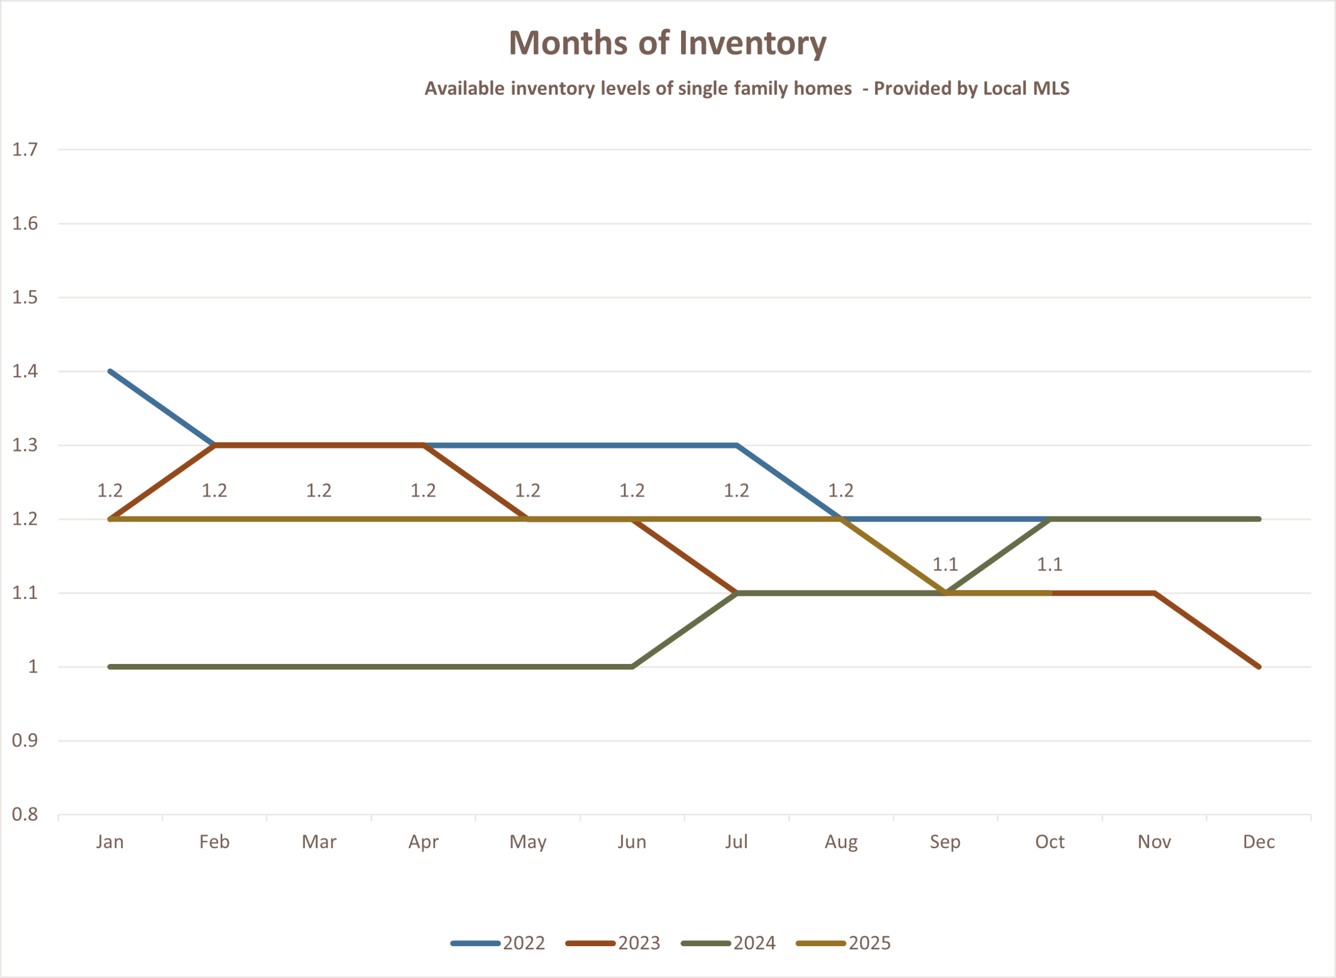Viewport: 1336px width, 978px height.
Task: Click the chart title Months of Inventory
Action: tap(667, 43)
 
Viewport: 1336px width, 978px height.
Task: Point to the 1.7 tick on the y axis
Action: tap(25, 150)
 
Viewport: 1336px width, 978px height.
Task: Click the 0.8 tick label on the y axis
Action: tap(25, 815)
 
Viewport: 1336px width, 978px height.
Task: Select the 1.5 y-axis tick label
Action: tap(25, 297)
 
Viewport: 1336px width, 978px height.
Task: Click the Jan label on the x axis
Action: tap(110, 842)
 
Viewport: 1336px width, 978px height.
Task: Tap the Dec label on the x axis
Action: tap(1258, 842)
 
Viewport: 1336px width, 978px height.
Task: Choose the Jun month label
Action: tap(632, 842)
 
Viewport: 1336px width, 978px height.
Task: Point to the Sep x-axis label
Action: tap(945, 842)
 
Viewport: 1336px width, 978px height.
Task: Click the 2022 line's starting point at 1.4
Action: tap(110, 371)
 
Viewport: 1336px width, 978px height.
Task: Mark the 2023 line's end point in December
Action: tap(1258, 667)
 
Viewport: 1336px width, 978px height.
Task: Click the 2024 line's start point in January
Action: tap(110, 667)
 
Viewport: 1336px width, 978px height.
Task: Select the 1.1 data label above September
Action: tap(945, 565)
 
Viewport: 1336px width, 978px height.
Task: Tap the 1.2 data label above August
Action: tap(841, 491)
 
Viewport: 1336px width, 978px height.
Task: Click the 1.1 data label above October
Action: tap(1049, 565)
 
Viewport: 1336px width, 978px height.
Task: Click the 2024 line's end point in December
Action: tap(1258, 519)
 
